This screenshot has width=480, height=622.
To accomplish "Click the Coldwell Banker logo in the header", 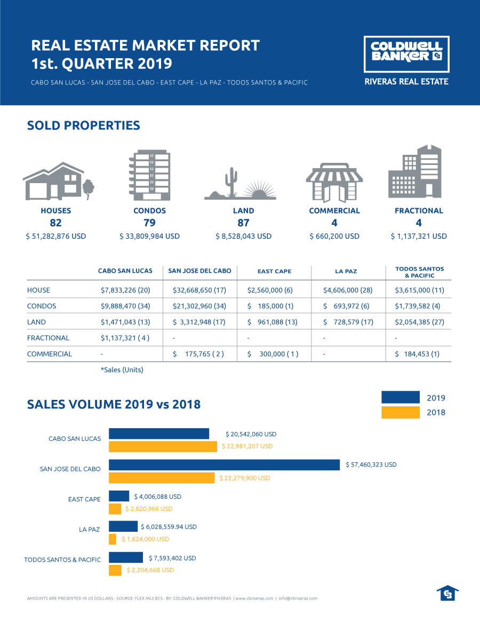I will tap(406, 54).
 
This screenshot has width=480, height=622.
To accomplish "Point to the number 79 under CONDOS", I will tap(149, 223).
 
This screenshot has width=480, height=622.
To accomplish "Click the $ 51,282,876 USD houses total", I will tap(55, 236).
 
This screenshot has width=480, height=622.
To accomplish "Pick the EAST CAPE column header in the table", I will tap(274, 271).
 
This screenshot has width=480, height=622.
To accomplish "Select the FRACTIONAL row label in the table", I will tap(48, 338).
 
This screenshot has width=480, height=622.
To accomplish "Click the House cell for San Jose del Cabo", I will tap(200, 290).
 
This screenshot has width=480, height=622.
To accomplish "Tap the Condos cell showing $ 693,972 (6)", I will tap(349, 306).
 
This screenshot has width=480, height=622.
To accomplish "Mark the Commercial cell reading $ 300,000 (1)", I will tap(273, 354).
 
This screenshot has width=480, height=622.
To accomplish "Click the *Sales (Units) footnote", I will tap(122, 369).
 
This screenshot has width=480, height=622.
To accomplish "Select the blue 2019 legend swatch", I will tap(401, 397).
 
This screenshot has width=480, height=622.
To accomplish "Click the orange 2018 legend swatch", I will tap(401, 412).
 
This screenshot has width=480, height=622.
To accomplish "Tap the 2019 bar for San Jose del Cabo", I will tap(224, 464).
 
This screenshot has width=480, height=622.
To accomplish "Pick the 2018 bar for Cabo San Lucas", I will tap(163, 446).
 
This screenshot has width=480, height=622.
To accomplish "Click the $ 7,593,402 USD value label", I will tap(172, 558).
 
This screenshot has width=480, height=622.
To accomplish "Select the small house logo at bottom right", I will tap(447, 593).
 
